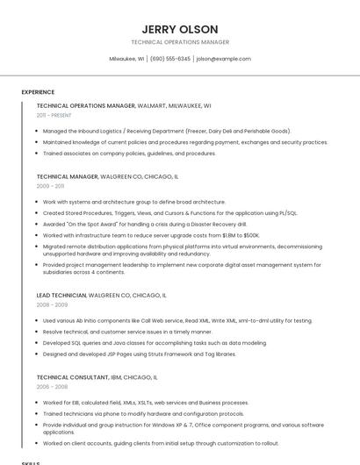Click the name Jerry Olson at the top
[179, 29]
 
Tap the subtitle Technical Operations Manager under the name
[179, 42]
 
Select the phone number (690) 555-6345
[170, 59]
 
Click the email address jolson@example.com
[223, 59]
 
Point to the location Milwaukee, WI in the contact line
[126, 59]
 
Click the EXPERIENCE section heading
[38, 92]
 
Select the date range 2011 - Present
[54, 115]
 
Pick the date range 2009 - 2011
[50, 186]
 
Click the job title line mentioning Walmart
[123, 105]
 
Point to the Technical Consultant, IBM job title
[97, 376]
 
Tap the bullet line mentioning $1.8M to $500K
[151, 235]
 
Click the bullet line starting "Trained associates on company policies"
[129, 153]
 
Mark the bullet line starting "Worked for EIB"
[146, 403]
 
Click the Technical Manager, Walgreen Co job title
[107, 176]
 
